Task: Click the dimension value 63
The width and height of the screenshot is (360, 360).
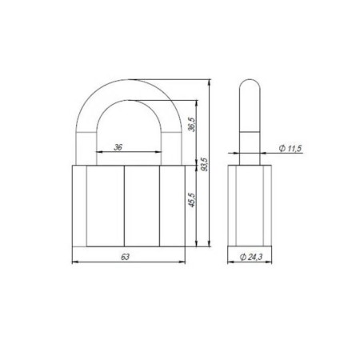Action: pos(125,257)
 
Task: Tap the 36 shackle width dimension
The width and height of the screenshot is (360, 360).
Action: pos(118,147)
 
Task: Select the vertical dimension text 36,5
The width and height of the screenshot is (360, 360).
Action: pos(192,125)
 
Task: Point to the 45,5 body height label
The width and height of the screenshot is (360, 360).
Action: pos(192,200)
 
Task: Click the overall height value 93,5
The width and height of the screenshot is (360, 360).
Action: pos(205,164)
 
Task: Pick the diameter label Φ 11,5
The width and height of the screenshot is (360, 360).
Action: pos(290,148)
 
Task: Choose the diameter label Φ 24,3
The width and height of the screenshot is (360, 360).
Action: pos(251,257)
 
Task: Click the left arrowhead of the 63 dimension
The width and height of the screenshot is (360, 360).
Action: pos(75,262)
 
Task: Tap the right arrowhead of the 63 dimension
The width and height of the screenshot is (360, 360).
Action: pos(182,262)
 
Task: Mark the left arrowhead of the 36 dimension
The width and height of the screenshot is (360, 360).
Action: pos(99,152)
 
